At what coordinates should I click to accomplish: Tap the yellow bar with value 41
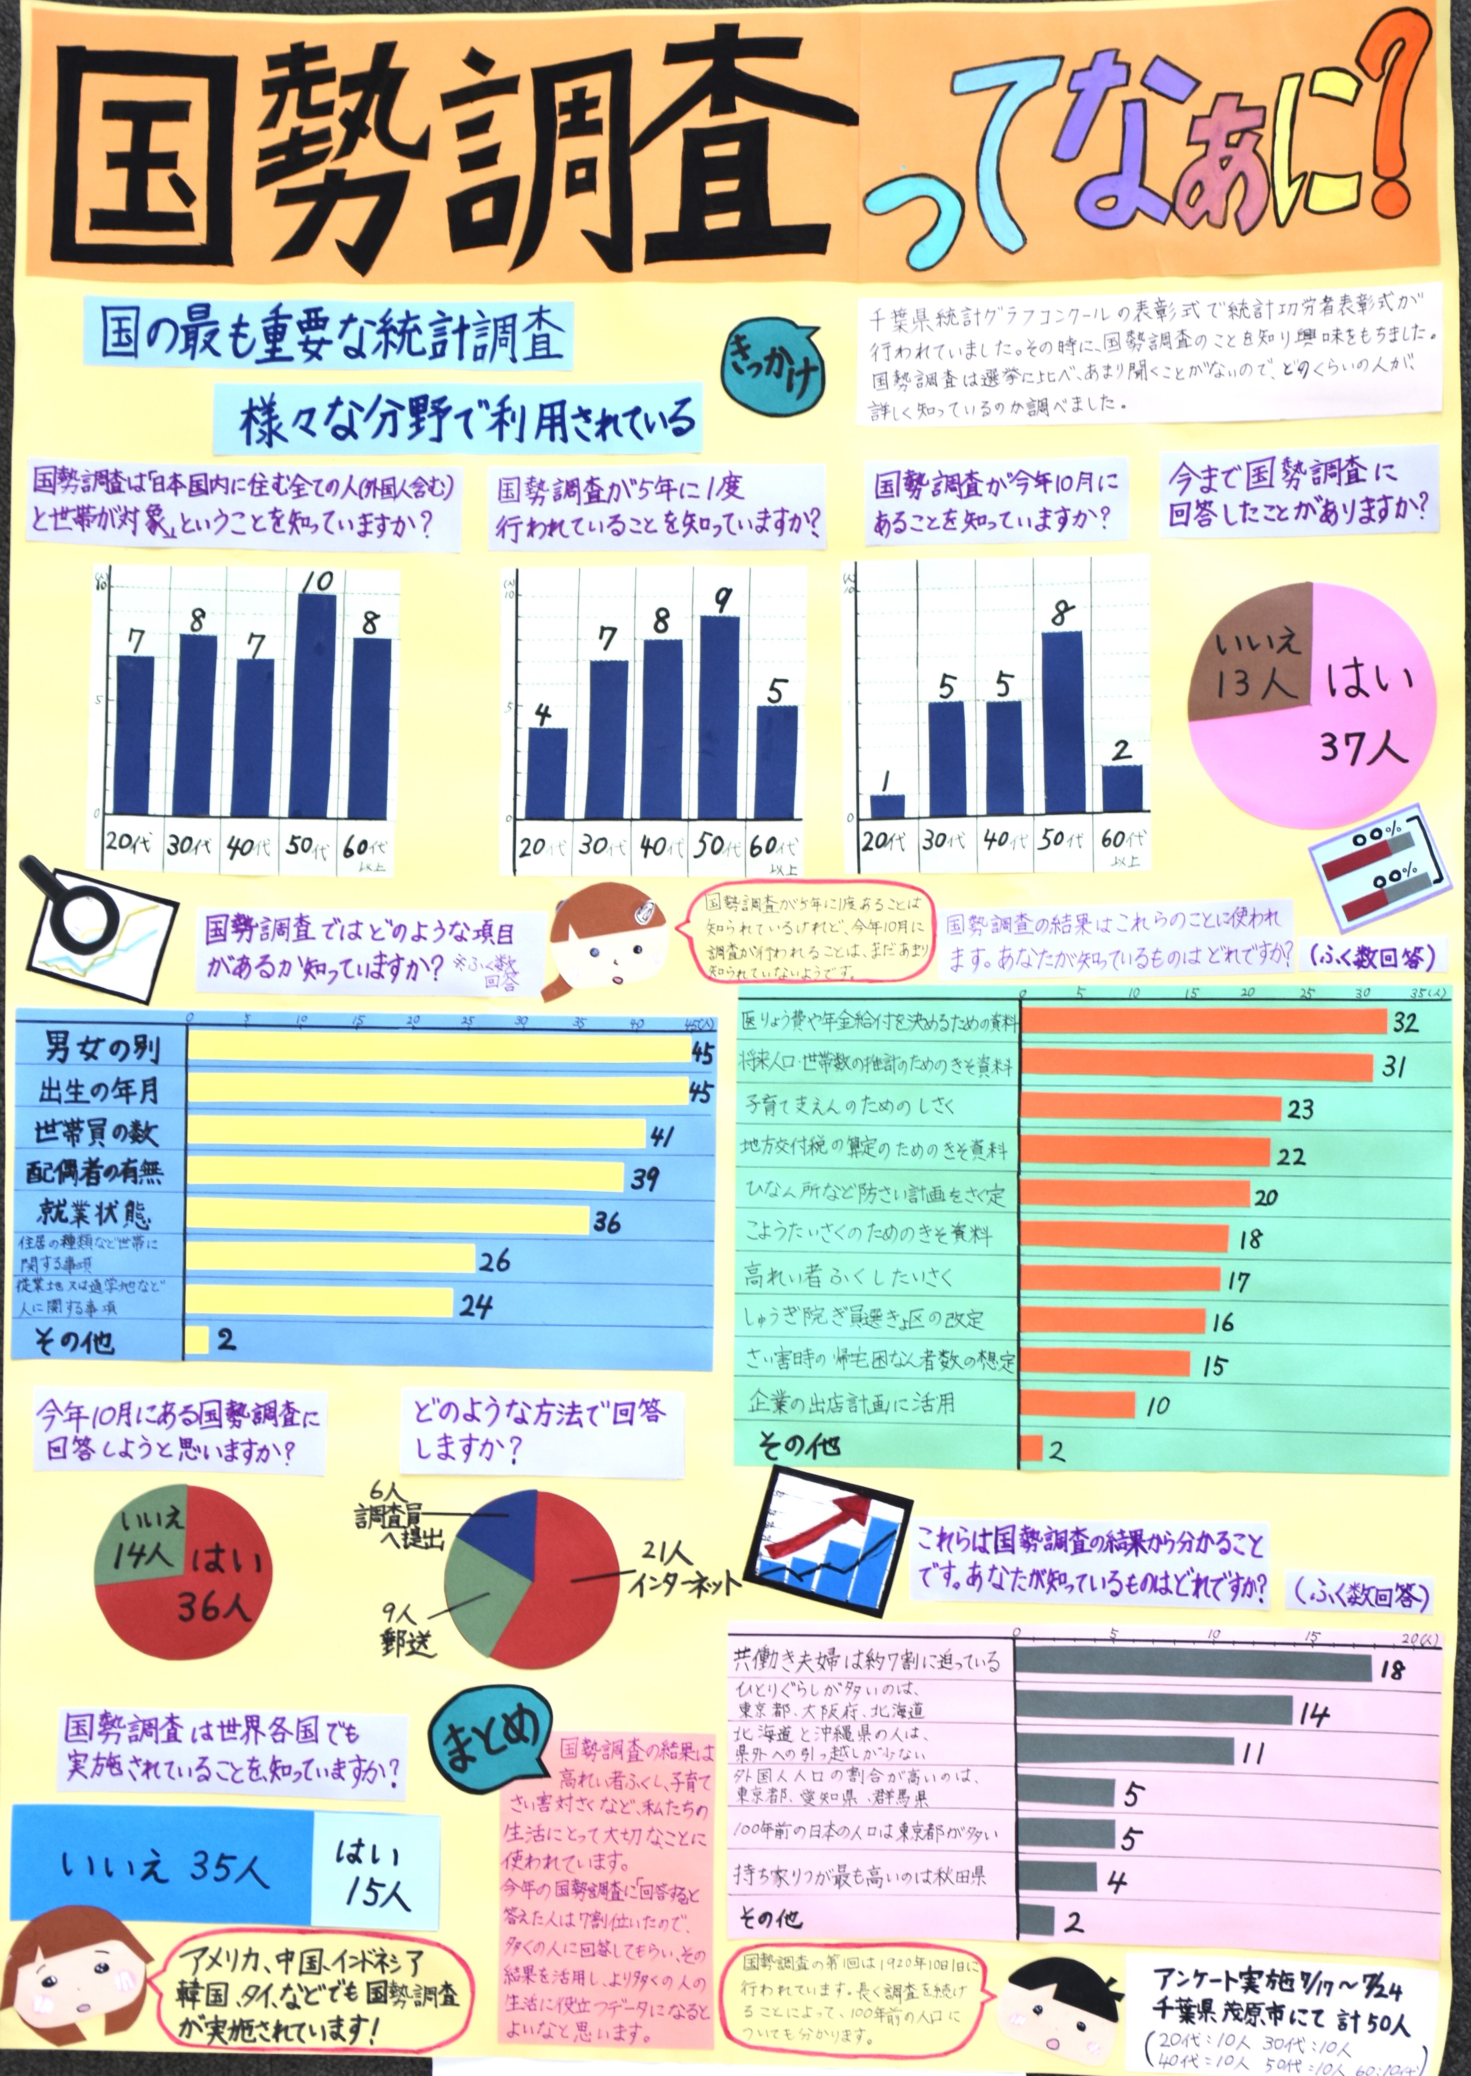click(416, 1131)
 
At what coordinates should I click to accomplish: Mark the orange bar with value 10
click(1078, 1405)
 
